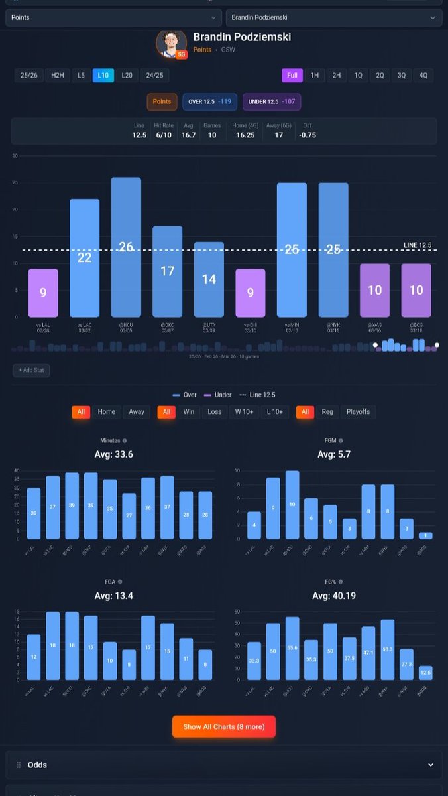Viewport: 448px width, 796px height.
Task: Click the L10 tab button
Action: (103, 75)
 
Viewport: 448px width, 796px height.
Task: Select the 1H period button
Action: (314, 75)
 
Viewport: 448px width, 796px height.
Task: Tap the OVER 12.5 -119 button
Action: (210, 101)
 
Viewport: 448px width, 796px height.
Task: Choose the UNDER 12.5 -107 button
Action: (272, 101)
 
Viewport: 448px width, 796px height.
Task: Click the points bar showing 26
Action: (126, 247)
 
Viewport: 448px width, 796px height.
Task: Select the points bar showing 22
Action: (84, 257)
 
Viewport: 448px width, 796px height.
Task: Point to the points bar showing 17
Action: (167, 271)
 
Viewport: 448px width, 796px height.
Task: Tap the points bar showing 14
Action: (209, 279)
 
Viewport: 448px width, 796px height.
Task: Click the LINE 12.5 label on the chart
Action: (417, 245)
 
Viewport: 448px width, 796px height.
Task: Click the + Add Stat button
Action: (31, 370)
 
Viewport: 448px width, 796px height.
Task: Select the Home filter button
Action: (106, 412)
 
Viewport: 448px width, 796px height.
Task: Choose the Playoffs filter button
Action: (358, 412)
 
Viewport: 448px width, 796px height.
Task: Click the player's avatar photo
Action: (171, 43)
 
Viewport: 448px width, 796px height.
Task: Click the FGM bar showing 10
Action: (292, 505)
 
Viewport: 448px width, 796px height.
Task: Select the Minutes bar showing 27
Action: (129, 515)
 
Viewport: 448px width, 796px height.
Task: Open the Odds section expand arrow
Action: (431, 765)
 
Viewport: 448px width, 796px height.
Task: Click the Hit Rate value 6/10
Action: (163, 135)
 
